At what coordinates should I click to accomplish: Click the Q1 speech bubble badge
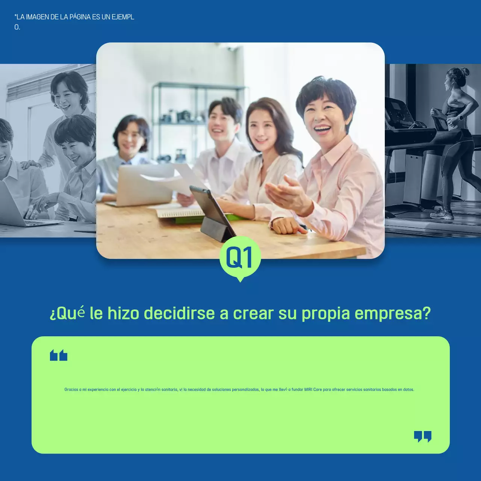(x=240, y=258)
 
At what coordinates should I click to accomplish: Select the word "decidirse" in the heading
(x=179, y=313)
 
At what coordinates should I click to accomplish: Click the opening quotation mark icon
(x=59, y=355)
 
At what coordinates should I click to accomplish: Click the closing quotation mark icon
(x=422, y=436)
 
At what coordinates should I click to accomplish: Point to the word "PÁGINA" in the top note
(x=80, y=17)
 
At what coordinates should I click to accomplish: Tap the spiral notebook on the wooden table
(x=180, y=213)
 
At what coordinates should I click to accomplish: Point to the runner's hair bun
(x=465, y=71)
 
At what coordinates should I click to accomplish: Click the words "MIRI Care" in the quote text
(x=313, y=390)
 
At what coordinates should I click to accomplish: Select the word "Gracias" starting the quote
(x=71, y=390)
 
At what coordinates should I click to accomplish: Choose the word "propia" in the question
(x=325, y=313)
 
